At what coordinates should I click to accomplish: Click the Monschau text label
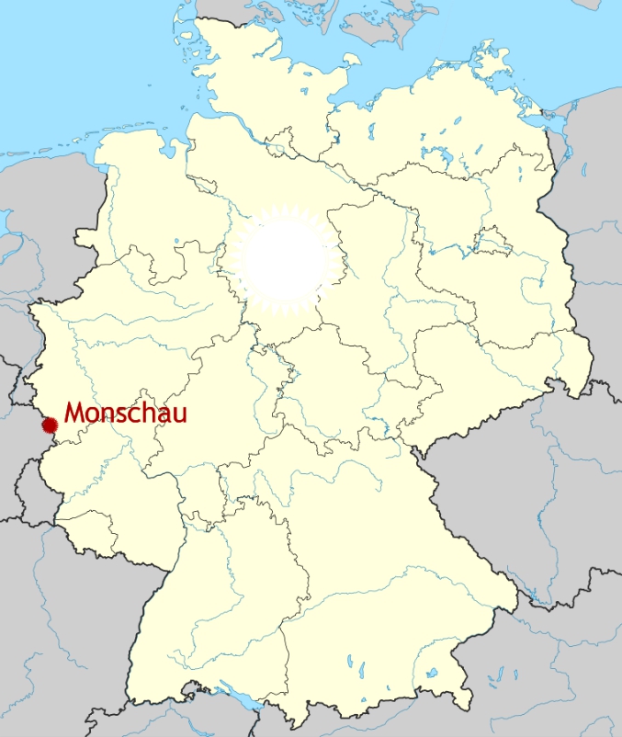pyautogui.click(x=125, y=414)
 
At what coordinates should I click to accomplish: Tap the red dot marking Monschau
pyautogui.click(x=50, y=425)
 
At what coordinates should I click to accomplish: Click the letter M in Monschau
pyautogui.click(x=75, y=414)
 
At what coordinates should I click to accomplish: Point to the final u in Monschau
pyautogui.click(x=180, y=415)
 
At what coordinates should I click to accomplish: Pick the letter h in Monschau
pyautogui.click(x=149, y=414)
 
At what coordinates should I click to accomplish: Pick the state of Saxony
pyautogui.click(x=496, y=368)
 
